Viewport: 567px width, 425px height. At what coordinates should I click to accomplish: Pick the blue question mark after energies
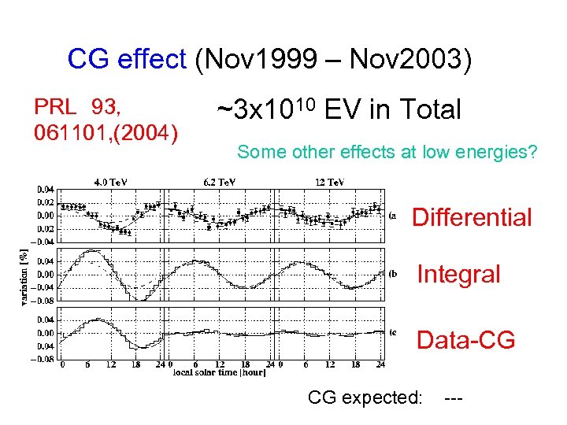pyautogui.click(x=532, y=152)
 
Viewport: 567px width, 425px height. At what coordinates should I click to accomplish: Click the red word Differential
pyautogui.click(x=472, y=217)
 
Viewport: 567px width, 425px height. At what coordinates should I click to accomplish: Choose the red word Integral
pyautogui.click(x=458, y=275)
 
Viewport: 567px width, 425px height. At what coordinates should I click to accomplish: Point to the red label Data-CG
pyautogui.click(x=465, y=340)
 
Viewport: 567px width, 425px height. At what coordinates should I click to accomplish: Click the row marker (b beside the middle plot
pyautogui.click(x=394, y=274)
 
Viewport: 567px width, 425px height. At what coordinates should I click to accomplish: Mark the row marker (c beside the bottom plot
pyautogui.click(x=393, y=332)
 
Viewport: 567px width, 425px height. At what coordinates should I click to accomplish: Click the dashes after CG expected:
pyautogui.click(x=454, y=398)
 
